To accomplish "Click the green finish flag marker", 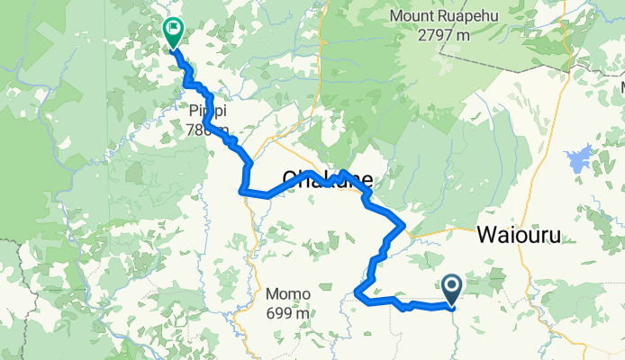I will pyautogui.click(x=171, y=31).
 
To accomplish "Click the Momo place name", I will pyautogui.click(x=288, y=294).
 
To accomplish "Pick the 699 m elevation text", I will pyautogui.click(x=288, y=313).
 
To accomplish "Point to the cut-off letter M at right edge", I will pyautogui.click(x=620, y=85).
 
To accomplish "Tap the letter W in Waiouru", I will pyautogui.click(x=486, y=235).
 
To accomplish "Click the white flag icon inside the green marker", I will pyautogui.click(x=172, y=30).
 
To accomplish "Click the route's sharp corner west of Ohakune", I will pyautogui.click(x=240, y=190).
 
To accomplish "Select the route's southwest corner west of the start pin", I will pyautogui.click(x=358, y=292).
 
